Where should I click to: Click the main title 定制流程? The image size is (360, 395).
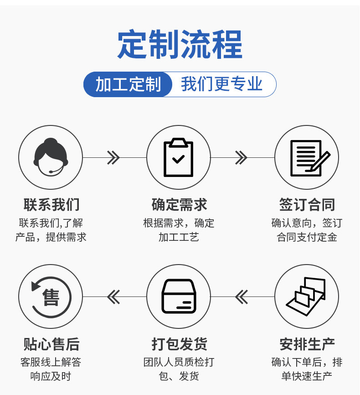pos(180,45)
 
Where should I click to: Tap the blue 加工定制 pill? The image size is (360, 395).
pos(128,84)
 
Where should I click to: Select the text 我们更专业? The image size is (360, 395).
pos(222,84)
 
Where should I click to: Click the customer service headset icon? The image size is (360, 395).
pos(51,157)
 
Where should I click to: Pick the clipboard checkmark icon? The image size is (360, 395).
pos(179,157)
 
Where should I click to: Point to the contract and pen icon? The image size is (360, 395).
pos(307,157)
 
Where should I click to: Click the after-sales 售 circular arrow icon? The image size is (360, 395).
pos(51,296)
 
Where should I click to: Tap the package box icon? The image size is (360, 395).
pos(179,296)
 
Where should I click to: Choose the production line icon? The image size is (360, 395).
pos(307,296)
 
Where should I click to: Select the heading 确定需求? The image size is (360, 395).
pos(179,205)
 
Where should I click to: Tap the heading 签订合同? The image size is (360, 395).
pos(307,205)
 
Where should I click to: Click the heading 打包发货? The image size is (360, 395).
pos(179,344)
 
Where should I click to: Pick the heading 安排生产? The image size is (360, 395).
pos(307,344)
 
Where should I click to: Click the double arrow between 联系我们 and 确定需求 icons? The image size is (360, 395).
pos(113,158)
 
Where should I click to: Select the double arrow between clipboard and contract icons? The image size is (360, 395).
pos(241,158)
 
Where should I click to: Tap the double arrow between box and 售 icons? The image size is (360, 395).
pos(113,297)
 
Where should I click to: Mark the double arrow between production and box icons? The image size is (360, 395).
pos(242,297)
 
